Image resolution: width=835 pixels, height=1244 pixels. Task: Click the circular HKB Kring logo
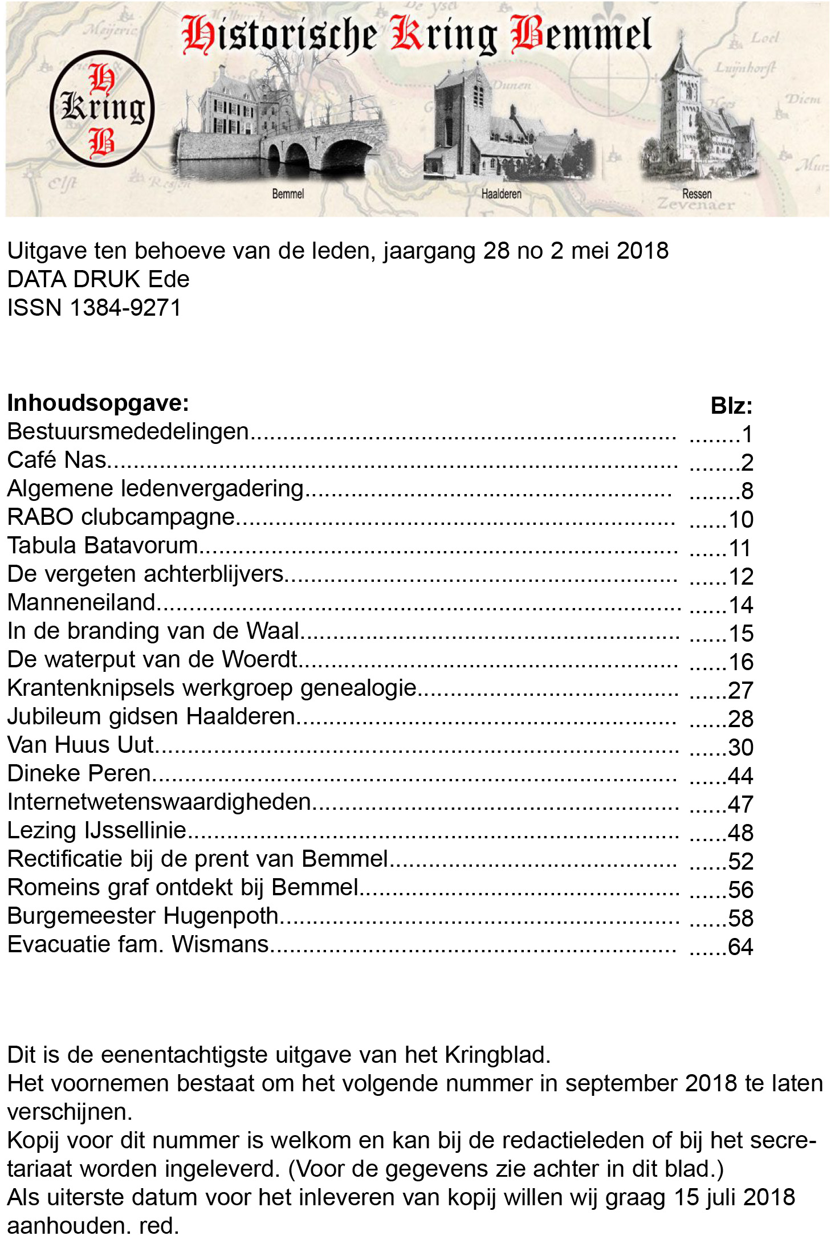click(102, 108)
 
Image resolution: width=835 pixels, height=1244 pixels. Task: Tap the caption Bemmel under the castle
click(288, 194)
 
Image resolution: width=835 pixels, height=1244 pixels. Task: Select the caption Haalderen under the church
click(501, 194)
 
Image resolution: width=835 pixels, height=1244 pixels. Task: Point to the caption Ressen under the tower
click(696, 194)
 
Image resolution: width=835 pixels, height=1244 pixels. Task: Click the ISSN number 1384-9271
click(125, 308)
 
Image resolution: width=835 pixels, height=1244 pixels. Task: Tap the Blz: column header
click(731, 406)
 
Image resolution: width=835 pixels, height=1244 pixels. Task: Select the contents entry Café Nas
click(57, 460)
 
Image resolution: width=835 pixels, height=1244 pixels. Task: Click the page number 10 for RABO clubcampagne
click(741, 520)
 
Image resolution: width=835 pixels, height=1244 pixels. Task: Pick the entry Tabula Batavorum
click(103, 545)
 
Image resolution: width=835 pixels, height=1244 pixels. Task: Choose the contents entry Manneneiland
click(82, 602)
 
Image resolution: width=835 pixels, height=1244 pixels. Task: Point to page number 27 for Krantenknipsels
click(741, 691)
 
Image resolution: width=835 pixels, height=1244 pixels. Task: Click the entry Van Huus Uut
click(80, 745)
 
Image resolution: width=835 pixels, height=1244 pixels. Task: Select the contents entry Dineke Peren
click(79, 773)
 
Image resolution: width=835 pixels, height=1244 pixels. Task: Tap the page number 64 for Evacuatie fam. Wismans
click(741, 947)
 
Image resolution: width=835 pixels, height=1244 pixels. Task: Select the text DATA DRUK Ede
click(98, 279)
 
